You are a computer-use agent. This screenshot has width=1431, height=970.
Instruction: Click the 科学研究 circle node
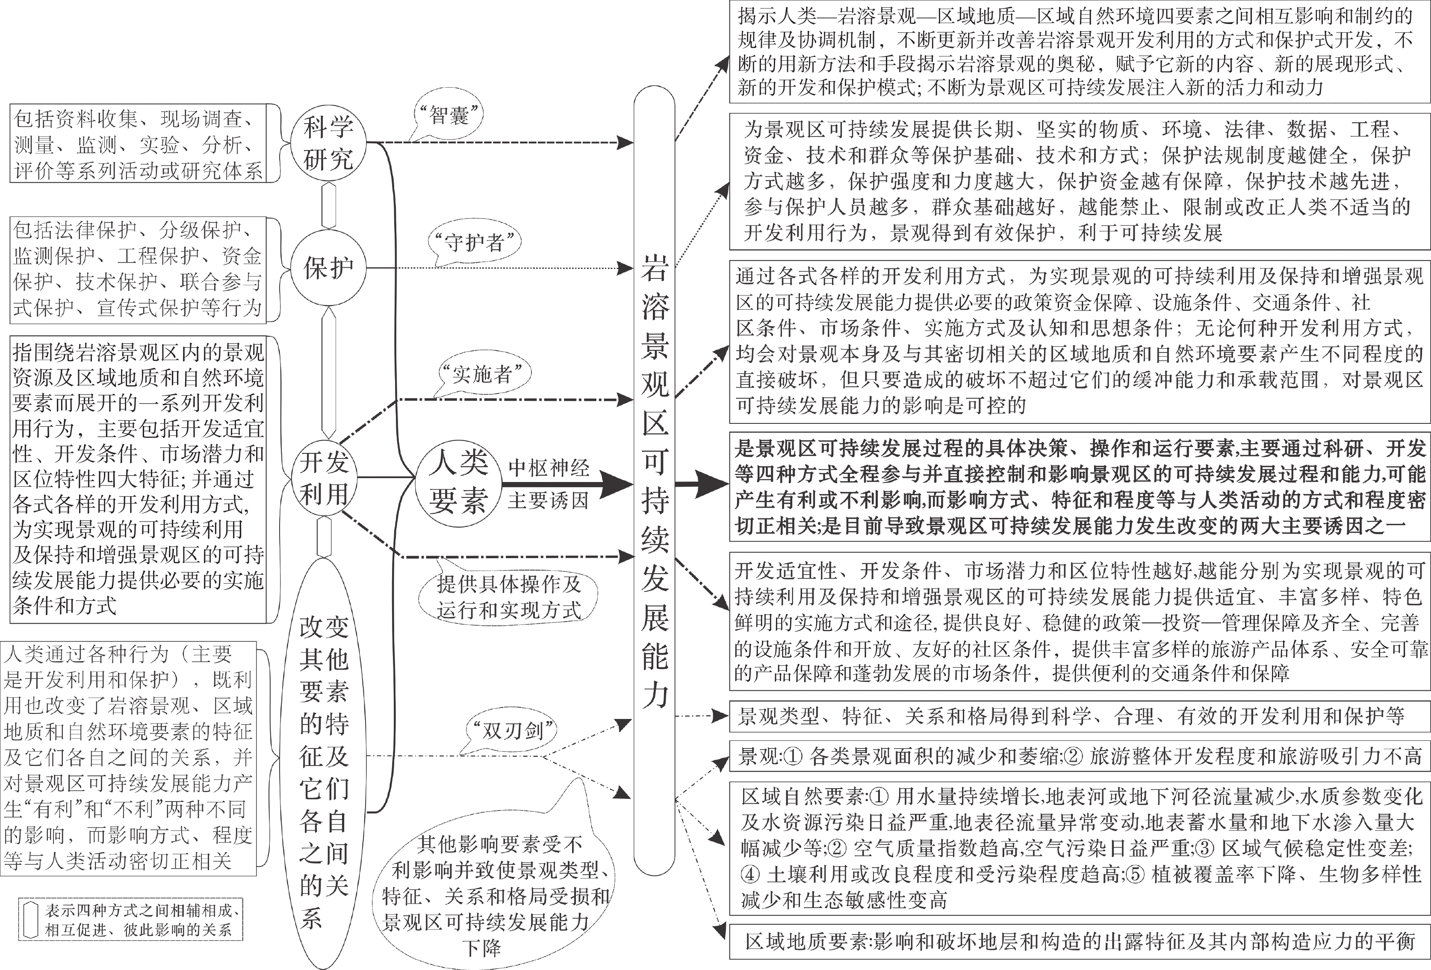point(328,144)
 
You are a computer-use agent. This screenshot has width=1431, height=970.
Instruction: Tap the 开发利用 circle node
point(325,477)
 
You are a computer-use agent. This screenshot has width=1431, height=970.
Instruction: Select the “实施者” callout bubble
point(482,373)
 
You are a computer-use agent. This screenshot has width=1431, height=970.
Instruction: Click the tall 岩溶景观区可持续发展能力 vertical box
point(655,480)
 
